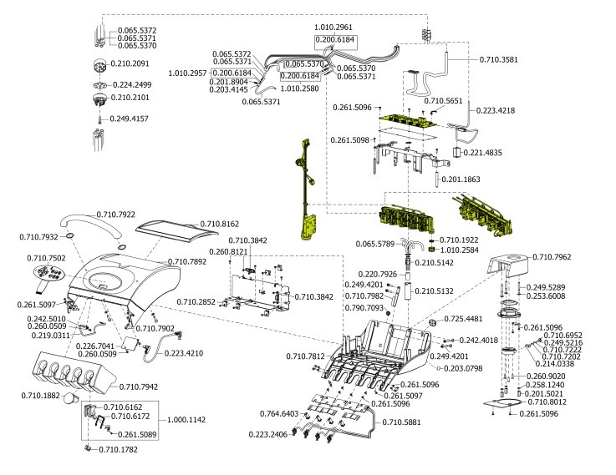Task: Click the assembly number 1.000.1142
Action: pos(188,421)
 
